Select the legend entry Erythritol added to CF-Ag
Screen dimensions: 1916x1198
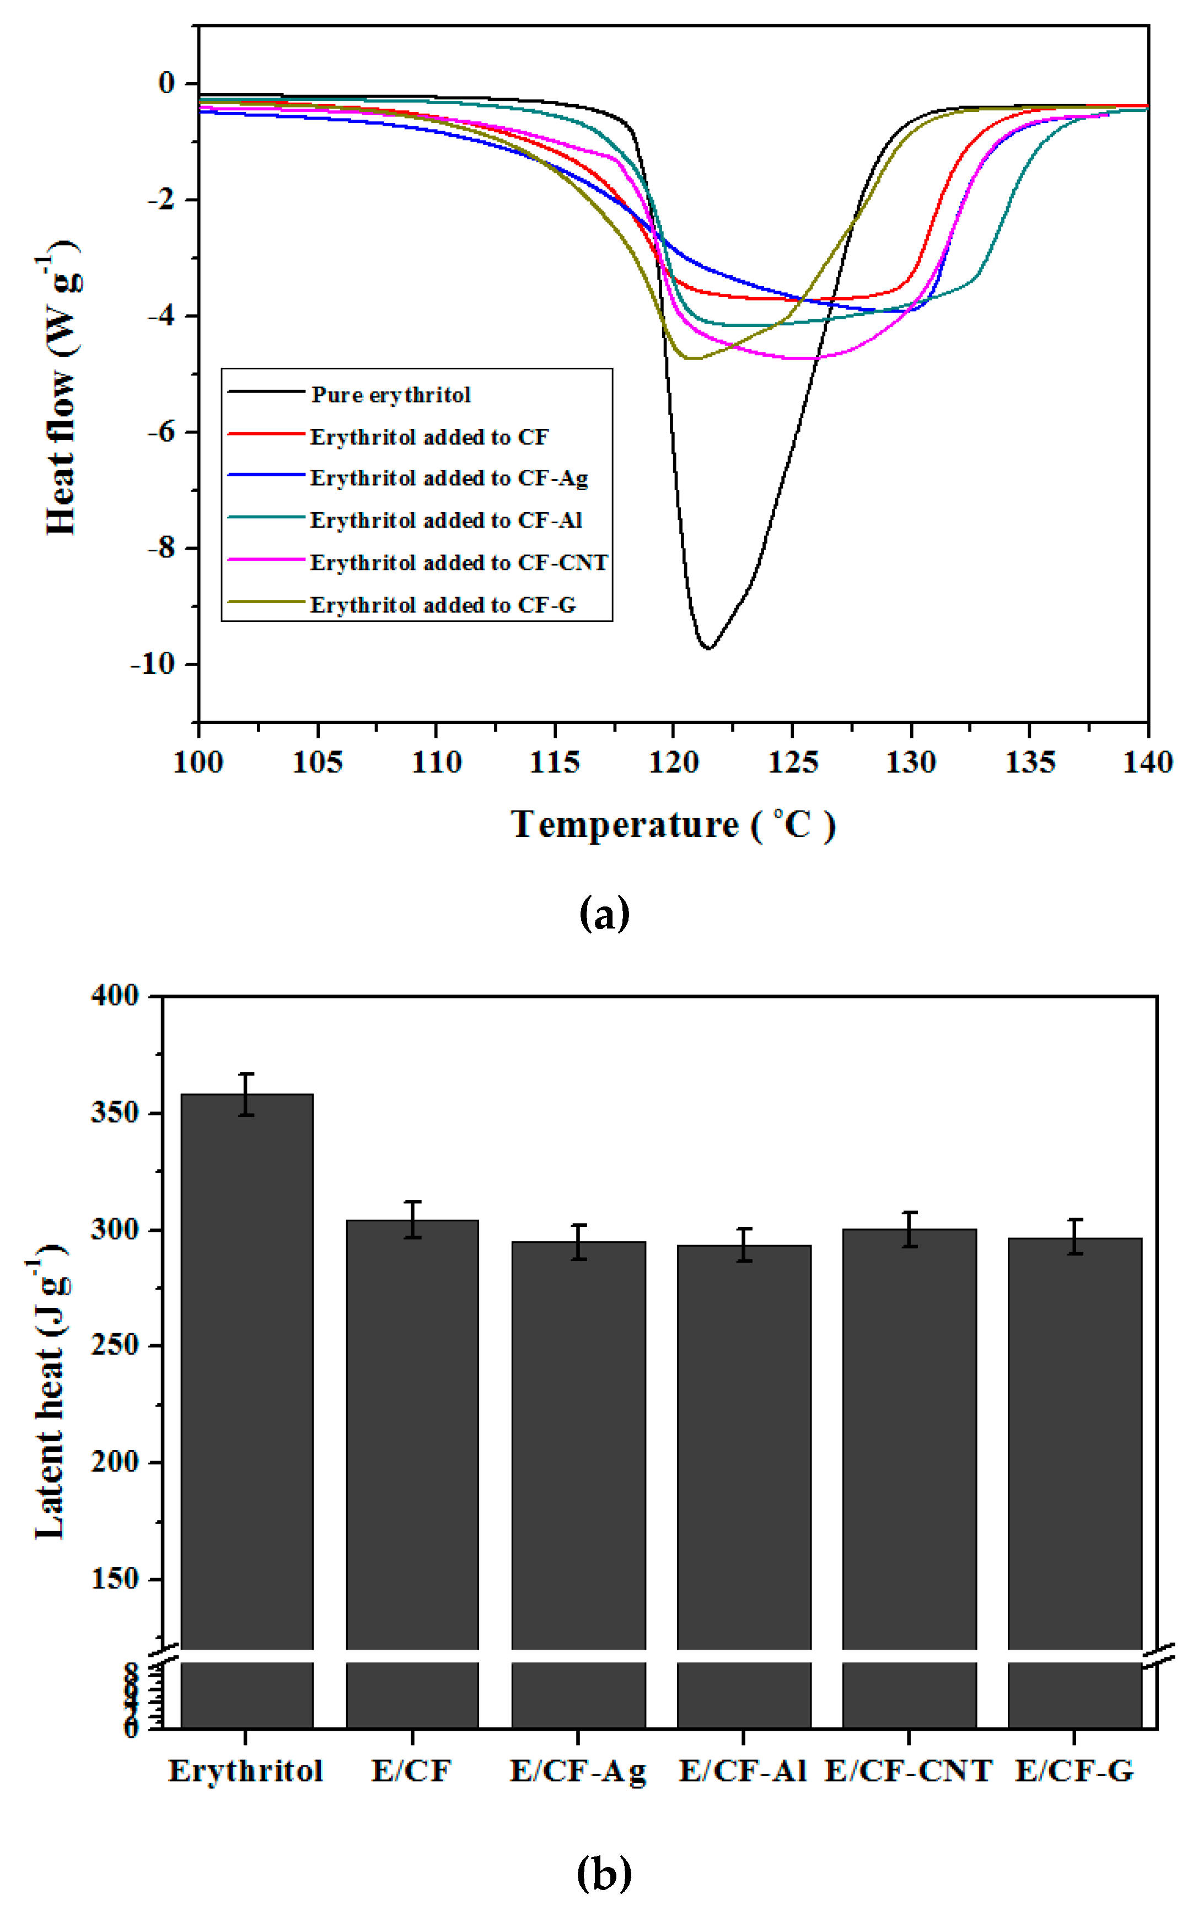click(448, 478)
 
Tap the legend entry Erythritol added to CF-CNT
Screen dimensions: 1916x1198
click(459, 562)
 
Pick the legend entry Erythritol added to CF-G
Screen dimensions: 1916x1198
click(442, 605)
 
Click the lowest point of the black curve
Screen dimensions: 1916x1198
click(708, 648)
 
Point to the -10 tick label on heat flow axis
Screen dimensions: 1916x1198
click(152, 664)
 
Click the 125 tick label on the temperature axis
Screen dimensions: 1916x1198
click(792, 763)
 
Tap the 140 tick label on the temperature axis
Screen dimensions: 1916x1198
click(1147, 763)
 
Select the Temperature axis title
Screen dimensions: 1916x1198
click(673, 825)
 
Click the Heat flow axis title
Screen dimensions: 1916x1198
click(62, 388)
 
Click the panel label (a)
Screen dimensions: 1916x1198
click(605, 914)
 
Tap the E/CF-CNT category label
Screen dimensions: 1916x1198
click(908, 1770)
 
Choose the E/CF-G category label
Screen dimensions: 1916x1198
click(1075, 1770)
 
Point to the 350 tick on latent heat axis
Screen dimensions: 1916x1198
click(116, 1113)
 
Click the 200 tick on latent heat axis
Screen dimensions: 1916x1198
click(116, 1462)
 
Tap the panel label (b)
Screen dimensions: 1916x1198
click(605, 1873)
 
